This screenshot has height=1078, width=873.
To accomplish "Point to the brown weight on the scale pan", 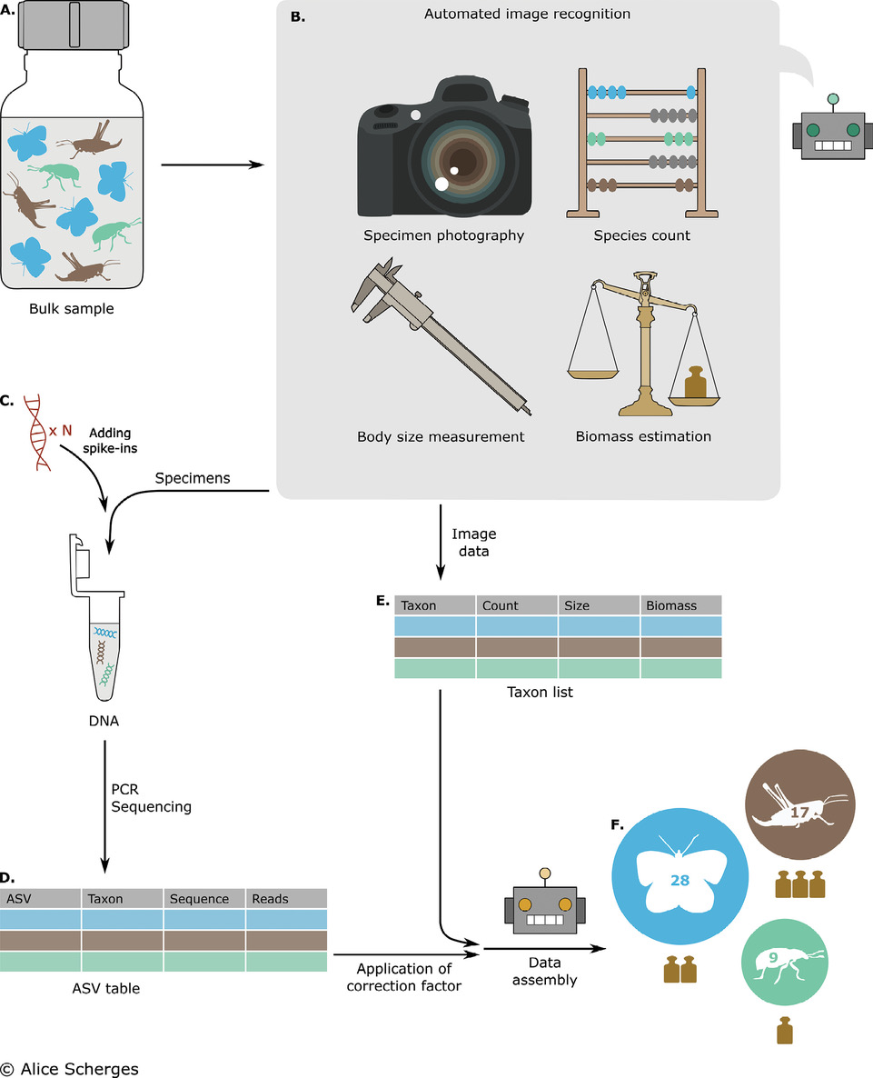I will tap(694, 383).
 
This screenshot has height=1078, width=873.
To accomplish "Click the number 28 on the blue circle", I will tap(680, 882).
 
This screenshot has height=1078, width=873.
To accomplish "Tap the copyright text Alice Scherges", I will tap(70, 1068).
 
